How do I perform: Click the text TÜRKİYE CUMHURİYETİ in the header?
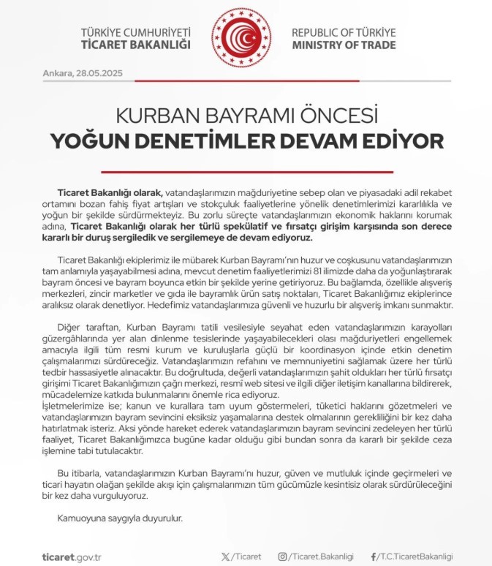[139, 33]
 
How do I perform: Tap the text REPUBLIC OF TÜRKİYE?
[344, 33]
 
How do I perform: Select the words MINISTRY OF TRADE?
[344, 45]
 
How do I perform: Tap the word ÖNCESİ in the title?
[339, 116]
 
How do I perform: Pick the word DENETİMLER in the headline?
[205, 140]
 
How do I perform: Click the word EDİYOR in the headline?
[405, 140]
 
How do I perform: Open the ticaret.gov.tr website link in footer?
[72, 556]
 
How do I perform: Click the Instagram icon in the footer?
[282, 556]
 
